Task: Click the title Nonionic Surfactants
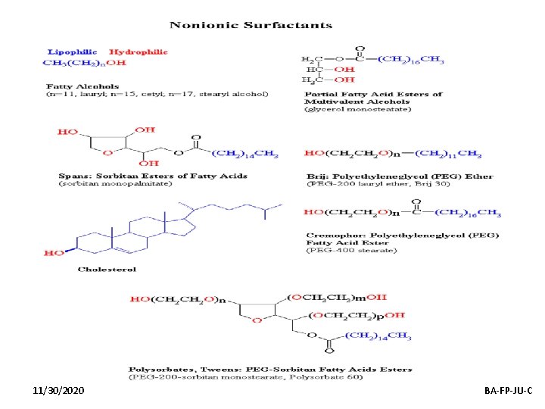coord(251,25)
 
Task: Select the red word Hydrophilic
coord(139,52)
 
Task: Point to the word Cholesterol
coord(107,269)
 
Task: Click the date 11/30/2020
coord(59,390)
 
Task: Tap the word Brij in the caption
coord(315,176)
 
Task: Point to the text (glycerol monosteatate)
coord(357,109)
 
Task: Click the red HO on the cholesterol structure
coord(54,252)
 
